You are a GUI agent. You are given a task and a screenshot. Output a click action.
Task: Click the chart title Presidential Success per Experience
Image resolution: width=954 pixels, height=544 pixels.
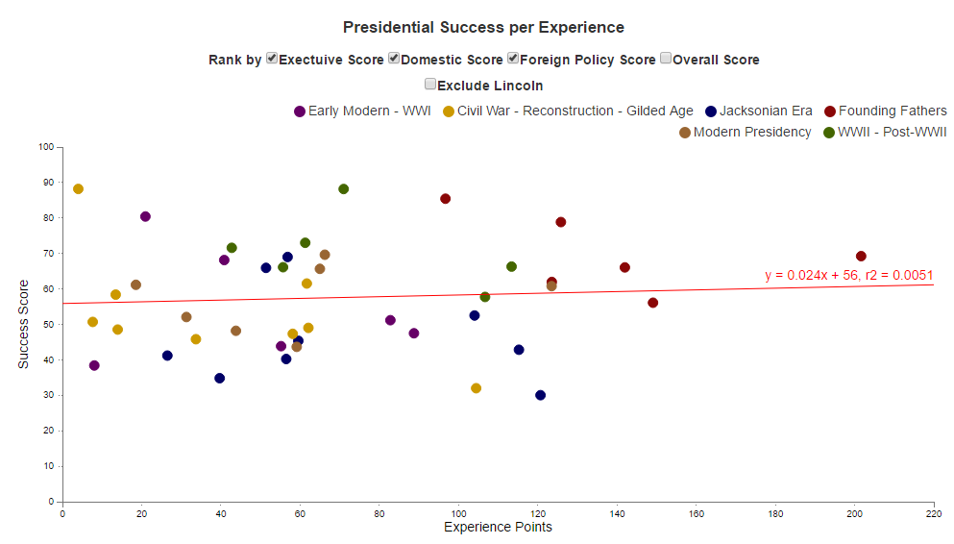coord(483,28)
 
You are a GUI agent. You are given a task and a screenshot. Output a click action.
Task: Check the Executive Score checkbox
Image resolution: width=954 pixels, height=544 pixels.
coord(272,59)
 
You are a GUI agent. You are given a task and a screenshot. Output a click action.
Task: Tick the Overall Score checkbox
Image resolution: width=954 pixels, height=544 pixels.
coord(666,59)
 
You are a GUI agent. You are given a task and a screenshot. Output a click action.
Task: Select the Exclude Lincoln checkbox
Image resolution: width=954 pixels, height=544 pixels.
coord(430,85)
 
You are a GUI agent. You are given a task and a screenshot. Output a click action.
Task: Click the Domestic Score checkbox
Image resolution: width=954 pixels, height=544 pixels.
coord(394,59)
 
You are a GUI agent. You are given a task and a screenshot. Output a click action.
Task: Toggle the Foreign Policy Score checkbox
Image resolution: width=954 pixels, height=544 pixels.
coord(513,59)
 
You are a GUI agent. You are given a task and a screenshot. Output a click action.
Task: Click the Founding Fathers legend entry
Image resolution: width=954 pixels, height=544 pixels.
coord(886,111)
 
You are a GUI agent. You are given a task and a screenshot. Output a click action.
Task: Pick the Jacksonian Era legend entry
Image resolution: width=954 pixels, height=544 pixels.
coord(759,111)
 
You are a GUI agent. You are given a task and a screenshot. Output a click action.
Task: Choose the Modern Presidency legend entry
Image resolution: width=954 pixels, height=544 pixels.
coord(745,133)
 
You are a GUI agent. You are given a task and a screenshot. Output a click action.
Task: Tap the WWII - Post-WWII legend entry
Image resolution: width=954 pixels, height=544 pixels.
coord(884,133)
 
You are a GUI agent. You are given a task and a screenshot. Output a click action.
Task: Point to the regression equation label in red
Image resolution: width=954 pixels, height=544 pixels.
coord(848,276)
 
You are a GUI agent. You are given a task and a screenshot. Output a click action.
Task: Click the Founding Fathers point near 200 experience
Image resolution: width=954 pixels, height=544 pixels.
coord(861,257)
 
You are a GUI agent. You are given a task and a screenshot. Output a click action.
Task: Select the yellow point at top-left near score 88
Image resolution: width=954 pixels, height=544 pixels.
coord(78,189)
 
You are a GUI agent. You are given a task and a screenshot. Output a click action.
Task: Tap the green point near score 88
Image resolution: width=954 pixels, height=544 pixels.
coord(343,189)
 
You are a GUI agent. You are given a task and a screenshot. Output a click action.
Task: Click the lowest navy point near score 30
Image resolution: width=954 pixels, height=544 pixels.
coord(540,395)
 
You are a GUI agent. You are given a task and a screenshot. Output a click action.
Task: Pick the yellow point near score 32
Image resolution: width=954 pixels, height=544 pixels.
coord(476,388)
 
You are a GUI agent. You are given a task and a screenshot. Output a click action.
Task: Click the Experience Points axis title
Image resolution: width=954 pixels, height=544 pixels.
coord(498,528)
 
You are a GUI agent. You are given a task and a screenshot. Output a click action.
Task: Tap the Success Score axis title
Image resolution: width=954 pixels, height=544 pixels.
coord(24,324)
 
